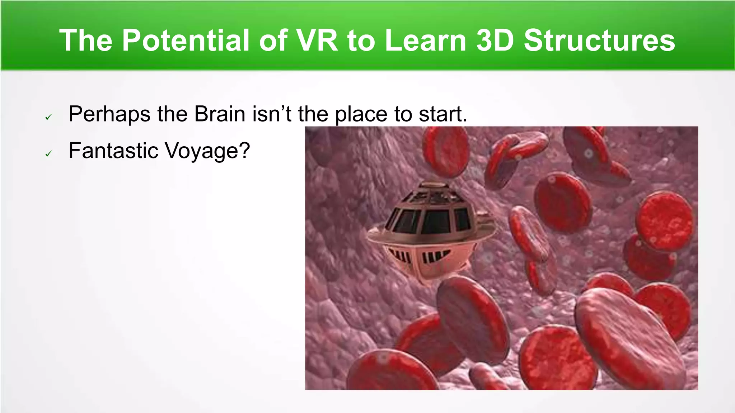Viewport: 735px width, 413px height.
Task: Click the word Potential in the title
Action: click(x=186, y=41)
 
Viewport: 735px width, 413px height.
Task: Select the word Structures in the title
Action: click(x=599, y=41)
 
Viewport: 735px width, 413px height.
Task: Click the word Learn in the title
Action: click(x=426, y=41)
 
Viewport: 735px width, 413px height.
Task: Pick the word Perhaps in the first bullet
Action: click(x=109, y=115)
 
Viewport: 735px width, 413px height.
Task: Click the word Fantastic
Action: click(x=113, y=150)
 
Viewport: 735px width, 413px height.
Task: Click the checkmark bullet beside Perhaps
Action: click(x=49, y=117)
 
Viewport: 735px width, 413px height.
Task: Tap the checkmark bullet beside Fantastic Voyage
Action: click(x=49, y=154)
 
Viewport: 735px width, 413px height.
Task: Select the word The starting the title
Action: click(x=86, y=41)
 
